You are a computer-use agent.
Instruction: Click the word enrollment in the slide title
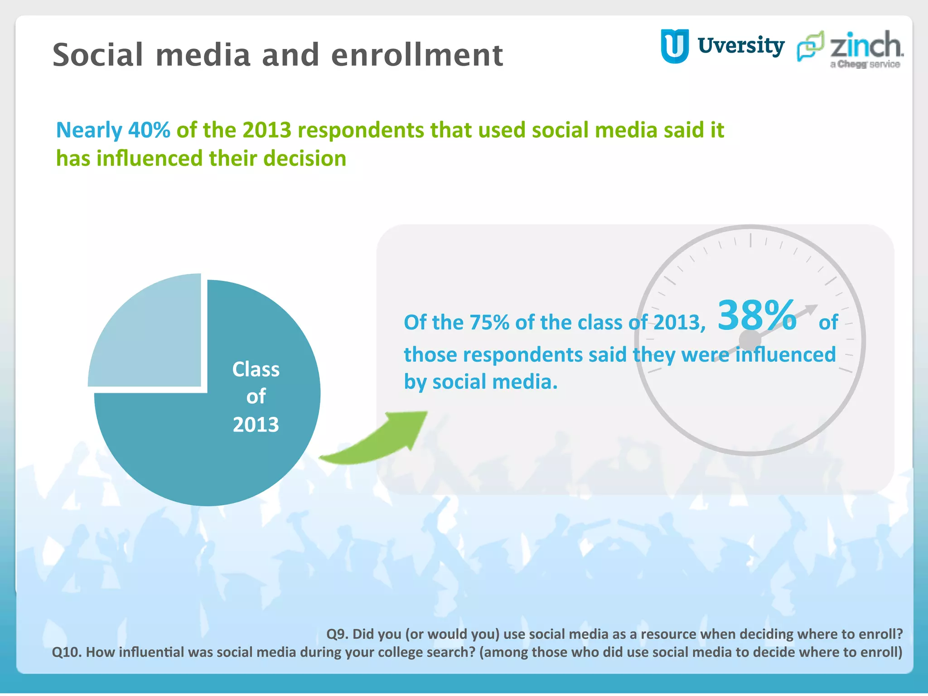pyautogui.click(x=417, y=55)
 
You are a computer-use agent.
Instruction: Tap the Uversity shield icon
pyautogui.click(x=674, y=46)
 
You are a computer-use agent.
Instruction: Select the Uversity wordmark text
pyautogui.click(x=741, y=46)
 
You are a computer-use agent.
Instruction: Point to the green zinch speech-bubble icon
pyautogui.click(x=810, y=46)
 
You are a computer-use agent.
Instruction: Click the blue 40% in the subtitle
pyautogui.click(x=149, y=130)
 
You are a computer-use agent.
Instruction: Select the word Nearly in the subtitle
pyautogui.click(x=89, y=130)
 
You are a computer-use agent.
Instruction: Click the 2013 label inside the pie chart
pyautogui.click(x=256, y=425)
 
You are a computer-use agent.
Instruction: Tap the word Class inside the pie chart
pyautogui.click(x=256, y=369)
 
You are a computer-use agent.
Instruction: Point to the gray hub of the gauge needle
pyautogui.click(x=750, y=340)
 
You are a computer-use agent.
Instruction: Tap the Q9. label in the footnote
pyautogui.click(x=337, y=634)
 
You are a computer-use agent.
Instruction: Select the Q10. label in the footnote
pyautogui.click(x=67, y=652)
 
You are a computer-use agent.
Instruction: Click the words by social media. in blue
pyautogui.click(x=480, y=382)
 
